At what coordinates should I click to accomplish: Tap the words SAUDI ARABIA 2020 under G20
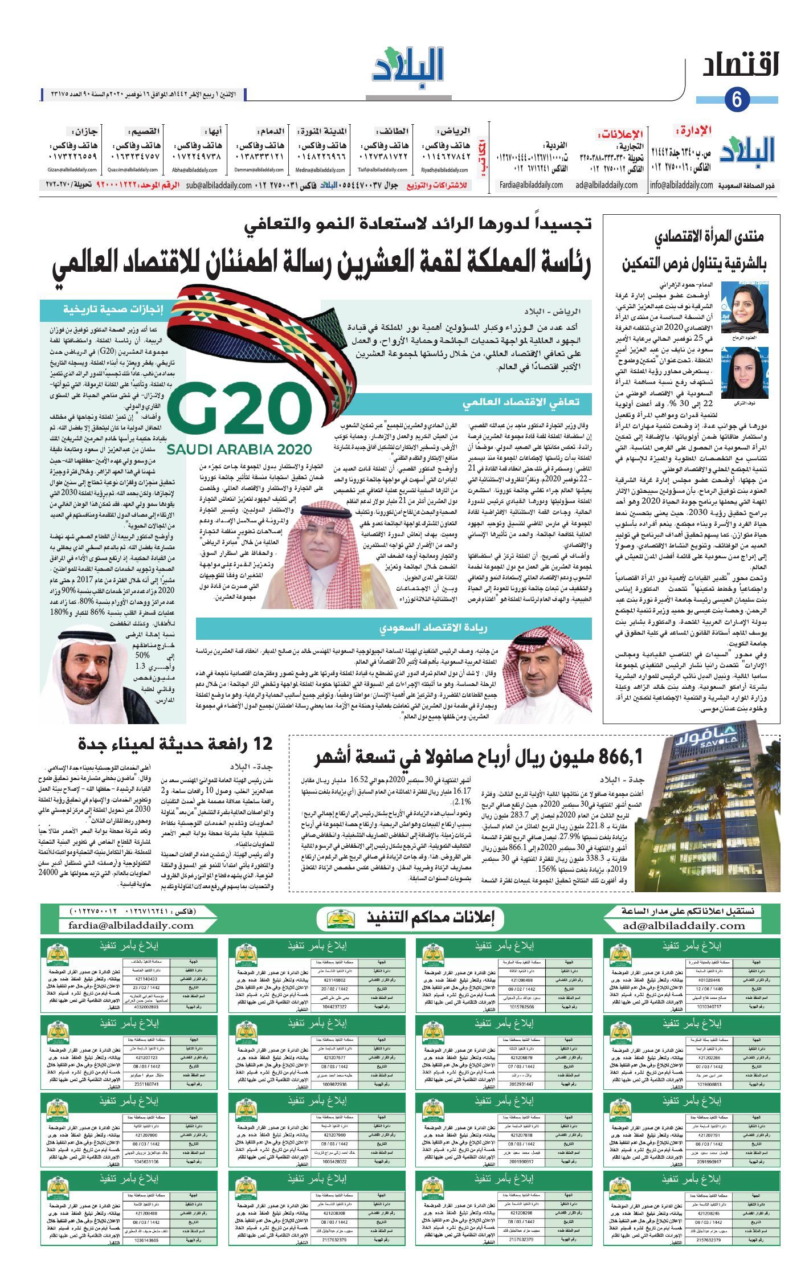[240, 448]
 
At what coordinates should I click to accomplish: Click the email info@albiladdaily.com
[681, 185]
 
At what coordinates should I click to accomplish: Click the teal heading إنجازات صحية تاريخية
[113, 310]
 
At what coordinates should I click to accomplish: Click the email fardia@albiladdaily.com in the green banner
[131, 926]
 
